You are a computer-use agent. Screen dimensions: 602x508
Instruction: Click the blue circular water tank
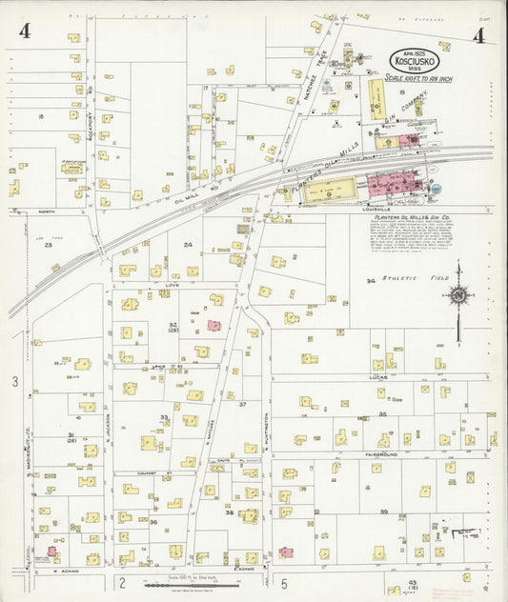tap(435, 189)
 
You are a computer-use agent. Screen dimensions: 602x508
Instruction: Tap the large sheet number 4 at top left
tap(24, 32)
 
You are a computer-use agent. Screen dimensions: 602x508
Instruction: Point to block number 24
tap(188, 245)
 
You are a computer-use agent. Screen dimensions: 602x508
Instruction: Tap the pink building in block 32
tap(214, 326)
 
